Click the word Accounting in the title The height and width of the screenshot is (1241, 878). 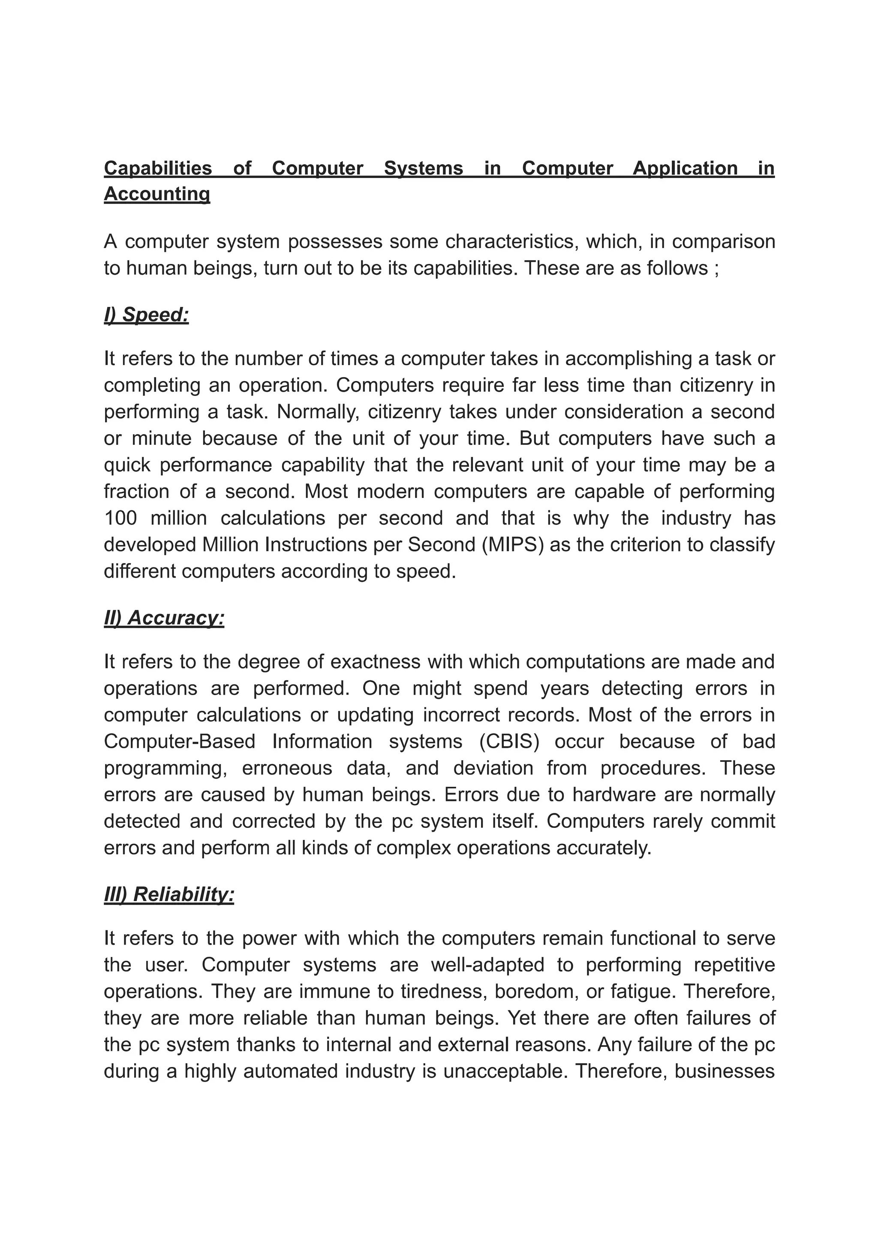click(x=157, y=194)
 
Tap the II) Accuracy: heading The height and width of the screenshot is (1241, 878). click(x=164, y=618)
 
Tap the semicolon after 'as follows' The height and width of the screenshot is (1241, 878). click(x=716, y=268)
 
